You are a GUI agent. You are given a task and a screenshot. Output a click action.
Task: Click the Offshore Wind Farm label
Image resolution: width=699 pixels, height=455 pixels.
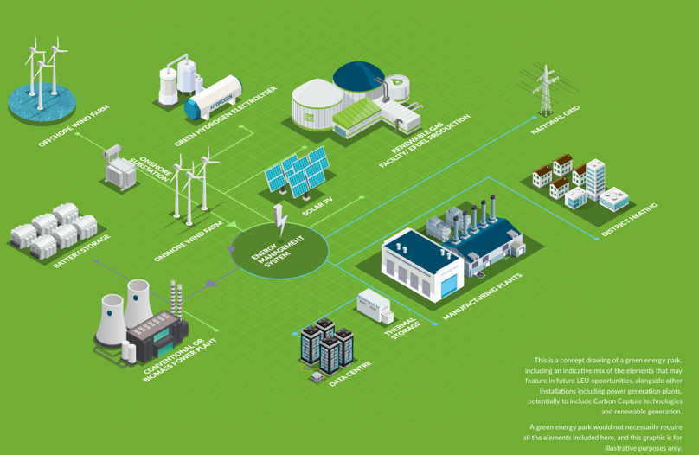[x=73, y=125]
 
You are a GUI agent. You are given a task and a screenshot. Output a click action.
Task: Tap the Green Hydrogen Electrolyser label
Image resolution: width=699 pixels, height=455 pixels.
[x=226, y=116]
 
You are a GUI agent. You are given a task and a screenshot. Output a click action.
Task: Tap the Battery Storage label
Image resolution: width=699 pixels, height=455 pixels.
[x=81, y=251]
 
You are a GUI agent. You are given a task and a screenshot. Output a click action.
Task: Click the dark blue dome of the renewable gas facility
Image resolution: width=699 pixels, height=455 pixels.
[x=359, y=79]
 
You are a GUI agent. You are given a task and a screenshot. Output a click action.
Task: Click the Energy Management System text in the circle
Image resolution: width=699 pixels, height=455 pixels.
[x=278, y=252]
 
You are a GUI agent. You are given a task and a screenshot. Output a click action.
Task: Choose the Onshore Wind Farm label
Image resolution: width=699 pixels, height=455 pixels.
[x=188, y=241]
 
